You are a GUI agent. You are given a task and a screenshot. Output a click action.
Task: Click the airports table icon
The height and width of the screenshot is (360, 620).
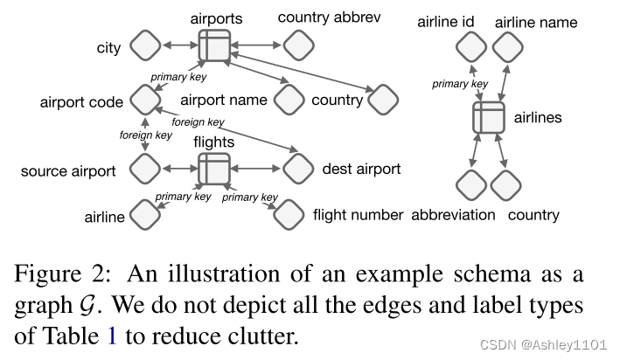click(x=213, y=45)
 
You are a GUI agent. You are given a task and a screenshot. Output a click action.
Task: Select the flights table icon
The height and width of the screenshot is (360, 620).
click(x=213, y=168)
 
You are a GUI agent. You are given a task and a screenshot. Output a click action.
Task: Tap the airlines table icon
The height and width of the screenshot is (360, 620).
click(x=489, y=117)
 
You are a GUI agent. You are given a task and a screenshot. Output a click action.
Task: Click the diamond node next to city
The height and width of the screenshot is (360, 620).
click(x=144, y=46)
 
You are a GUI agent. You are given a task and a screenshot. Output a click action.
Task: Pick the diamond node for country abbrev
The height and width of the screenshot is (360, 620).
click(x=298, y=45)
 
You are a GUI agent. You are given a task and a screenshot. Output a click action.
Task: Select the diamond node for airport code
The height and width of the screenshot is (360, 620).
click(x=144, y=100)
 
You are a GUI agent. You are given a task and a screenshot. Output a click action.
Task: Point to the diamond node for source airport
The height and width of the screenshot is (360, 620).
click(x=144, y=168)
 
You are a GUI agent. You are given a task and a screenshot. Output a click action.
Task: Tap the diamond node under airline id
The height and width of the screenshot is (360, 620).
click(x=471, y=47)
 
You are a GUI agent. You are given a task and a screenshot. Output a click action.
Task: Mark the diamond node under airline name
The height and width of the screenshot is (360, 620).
click(x=505, y=47)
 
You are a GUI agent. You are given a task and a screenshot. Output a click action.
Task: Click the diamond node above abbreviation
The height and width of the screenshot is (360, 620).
click(x=471, y=184)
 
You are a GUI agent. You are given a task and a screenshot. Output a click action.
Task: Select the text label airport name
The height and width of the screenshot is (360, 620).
click(x=223, y=100)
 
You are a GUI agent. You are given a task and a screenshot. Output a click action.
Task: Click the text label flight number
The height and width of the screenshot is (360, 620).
click(x=358, y=214)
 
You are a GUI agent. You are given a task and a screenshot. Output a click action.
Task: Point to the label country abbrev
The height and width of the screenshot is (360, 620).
click(x=329, y=17)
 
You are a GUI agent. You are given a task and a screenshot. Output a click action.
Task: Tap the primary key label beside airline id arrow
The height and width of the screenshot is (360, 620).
click(x=460, y=84)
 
